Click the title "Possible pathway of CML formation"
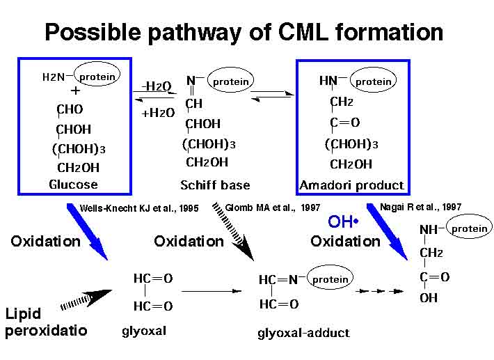(244, 31)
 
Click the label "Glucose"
(73, 185)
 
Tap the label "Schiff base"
(215, 185)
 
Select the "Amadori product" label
(351, 185)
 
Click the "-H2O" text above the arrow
(157, 86)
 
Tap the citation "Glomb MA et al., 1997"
(272, 207)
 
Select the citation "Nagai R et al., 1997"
(420, 207)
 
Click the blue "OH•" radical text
(342, 222)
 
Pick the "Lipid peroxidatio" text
(46, 322)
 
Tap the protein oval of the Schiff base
(230, 81)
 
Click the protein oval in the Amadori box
(373, 81)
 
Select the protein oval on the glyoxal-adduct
(330, 279)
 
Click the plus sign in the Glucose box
(75, 91)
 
